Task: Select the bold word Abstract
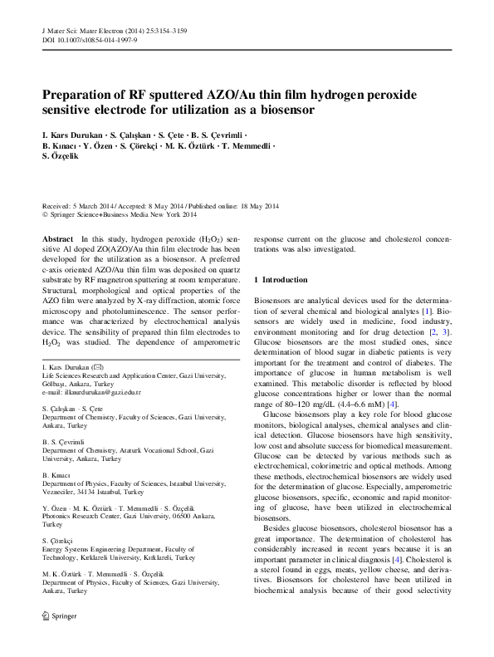pos(57,238)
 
